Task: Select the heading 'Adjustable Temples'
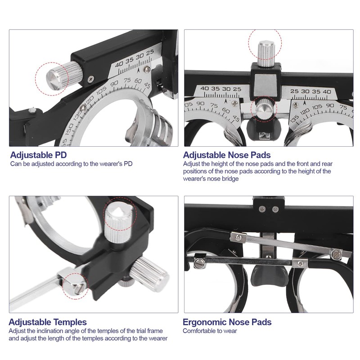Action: point(48,322)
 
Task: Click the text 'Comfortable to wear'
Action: point(210,331)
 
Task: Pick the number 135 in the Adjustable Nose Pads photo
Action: point(295,119)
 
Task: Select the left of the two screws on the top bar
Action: point(262,208)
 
